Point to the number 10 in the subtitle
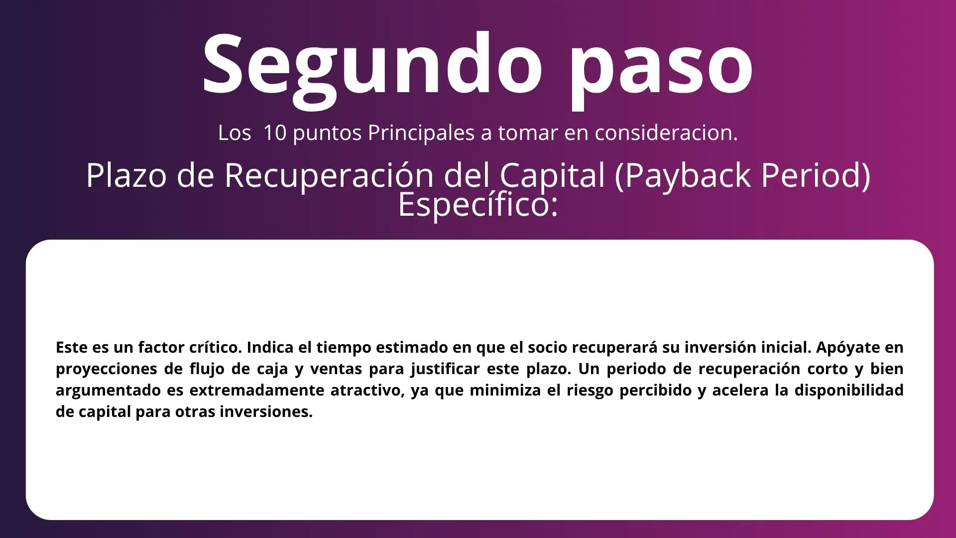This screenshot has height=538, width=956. coord(274,133)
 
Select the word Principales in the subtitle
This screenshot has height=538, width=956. coord(421,133)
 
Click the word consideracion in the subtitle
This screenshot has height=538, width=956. coord(666,133)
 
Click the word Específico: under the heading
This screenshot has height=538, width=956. coord(478,204)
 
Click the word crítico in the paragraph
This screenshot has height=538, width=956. coord(216,347)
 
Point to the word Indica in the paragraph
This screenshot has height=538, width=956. coord(269,347)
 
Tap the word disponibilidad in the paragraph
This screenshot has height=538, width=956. coord(849,390)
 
